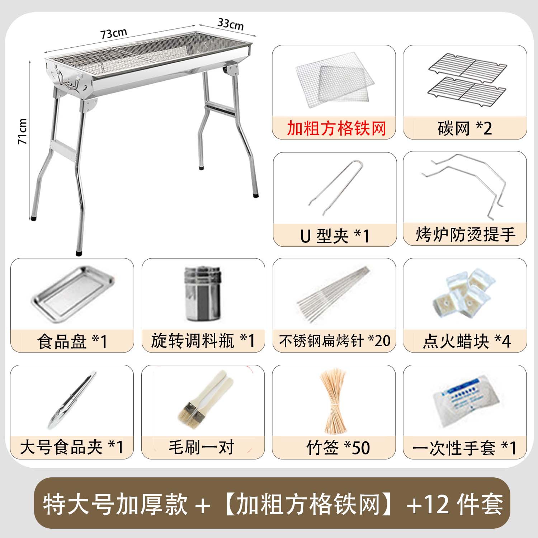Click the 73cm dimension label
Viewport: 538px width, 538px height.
click(113, 33)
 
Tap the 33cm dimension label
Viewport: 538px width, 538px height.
click(230, 24)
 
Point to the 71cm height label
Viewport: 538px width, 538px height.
click(23, 131)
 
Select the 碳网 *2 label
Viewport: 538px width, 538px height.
click(465, 128)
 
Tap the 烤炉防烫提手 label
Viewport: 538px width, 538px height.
click(465, 235)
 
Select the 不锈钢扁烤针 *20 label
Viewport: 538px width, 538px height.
click(334, 341)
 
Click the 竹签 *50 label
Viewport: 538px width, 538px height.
click(338, 448)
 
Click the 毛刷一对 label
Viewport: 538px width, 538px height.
click(202, 448)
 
